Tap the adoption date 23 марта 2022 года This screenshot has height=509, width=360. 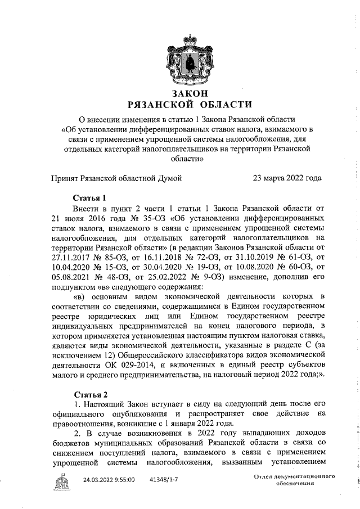(x=287, y=178)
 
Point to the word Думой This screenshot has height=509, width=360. (x=168, y=178)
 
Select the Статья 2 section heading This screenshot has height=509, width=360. (x=90, y=394)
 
